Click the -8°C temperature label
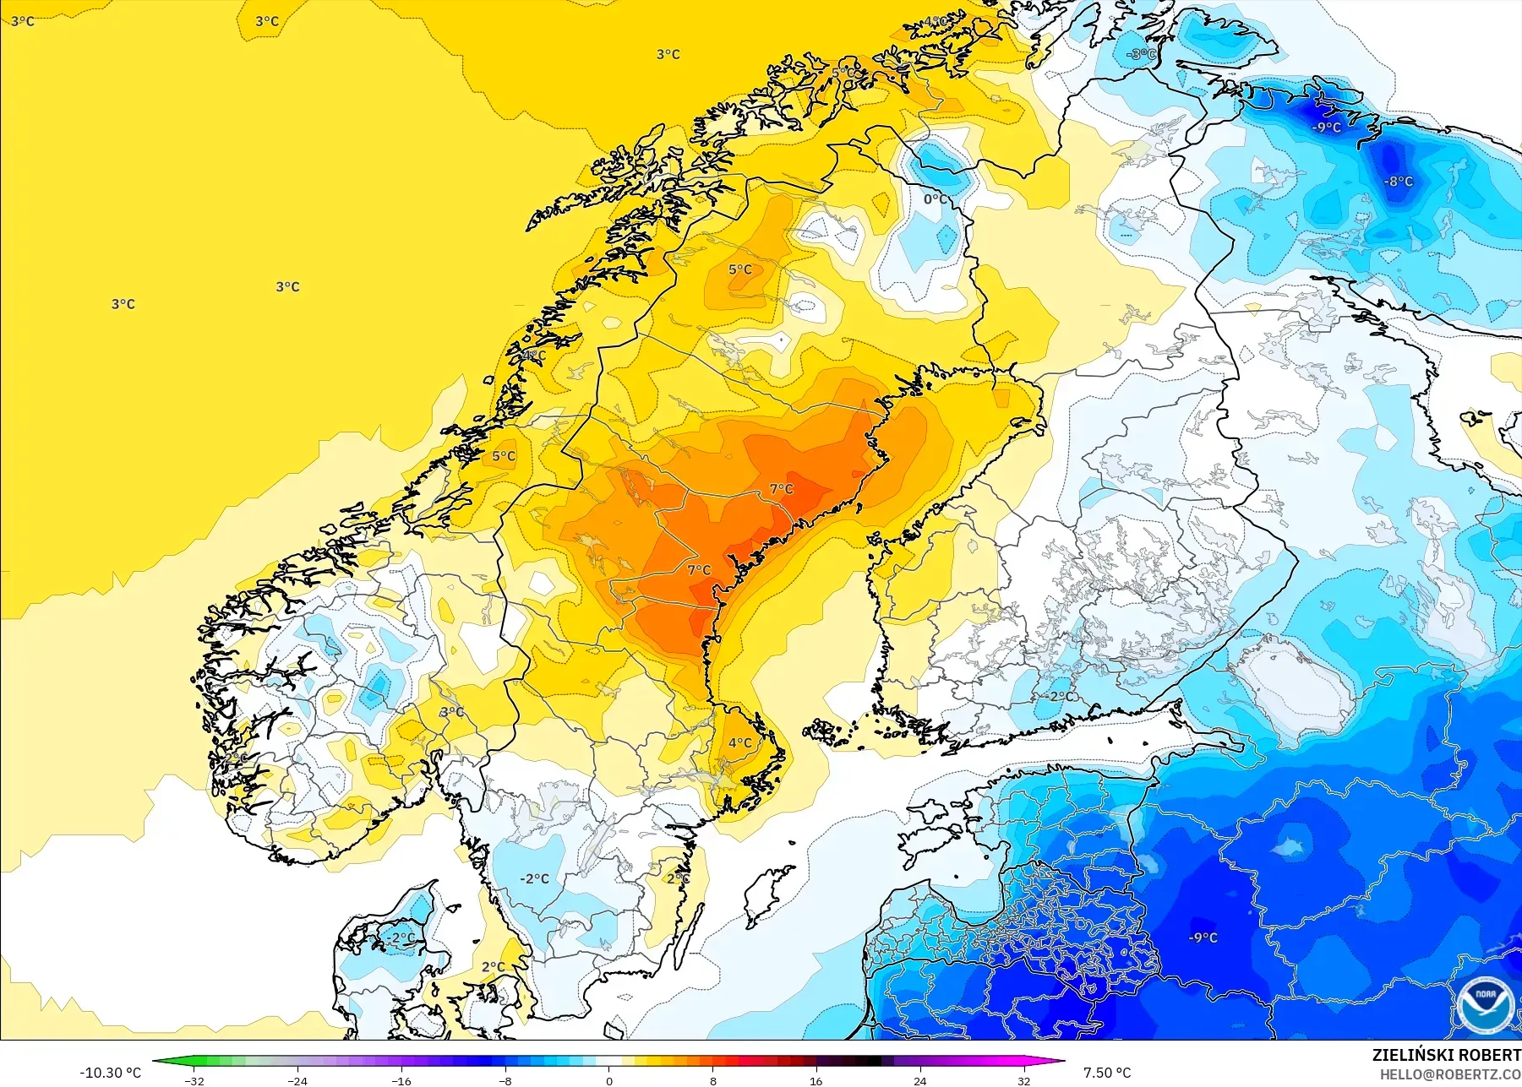coord(1399,181)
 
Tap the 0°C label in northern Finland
coord(935,199)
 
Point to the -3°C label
coord(1141,54)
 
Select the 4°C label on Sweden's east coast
coord(740,742)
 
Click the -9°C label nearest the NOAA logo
coord(1203,938)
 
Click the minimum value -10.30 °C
coord(111,1073)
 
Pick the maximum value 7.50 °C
coord(1107,1073)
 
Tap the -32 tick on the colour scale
coord(194,1081)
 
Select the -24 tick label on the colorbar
coord(297,1081)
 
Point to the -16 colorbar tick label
coord(401,1081)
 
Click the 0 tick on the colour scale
coord(609,1081)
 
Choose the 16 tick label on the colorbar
coord(816,1081)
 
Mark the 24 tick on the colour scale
coord(920,1081)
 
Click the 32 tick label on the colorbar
coord(1024,1081)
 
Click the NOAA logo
coord(1486,1005)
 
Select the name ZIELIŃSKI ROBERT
coord(1446,1055)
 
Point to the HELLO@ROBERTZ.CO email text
coord(1450,1074)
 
